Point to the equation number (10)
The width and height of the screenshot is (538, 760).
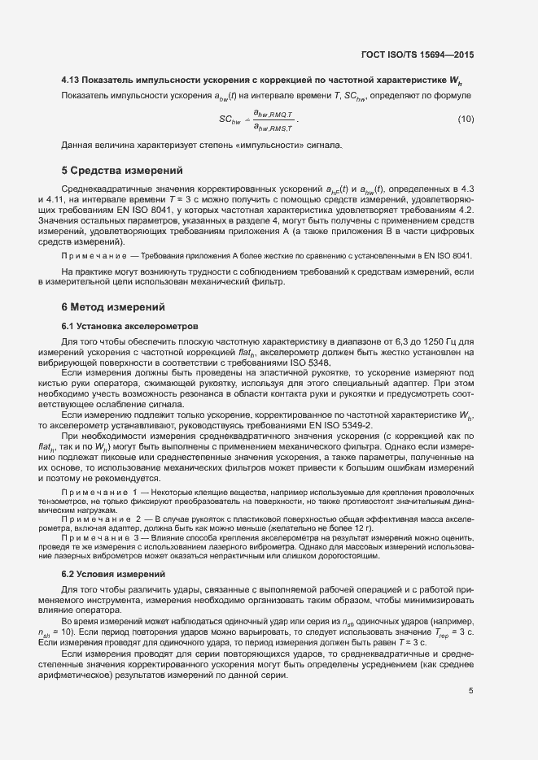466,119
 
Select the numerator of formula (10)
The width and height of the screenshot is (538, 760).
273,114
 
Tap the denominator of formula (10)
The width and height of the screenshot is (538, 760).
273,127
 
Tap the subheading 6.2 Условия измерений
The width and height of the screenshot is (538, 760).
114,575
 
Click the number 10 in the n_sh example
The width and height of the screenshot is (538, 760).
69,630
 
